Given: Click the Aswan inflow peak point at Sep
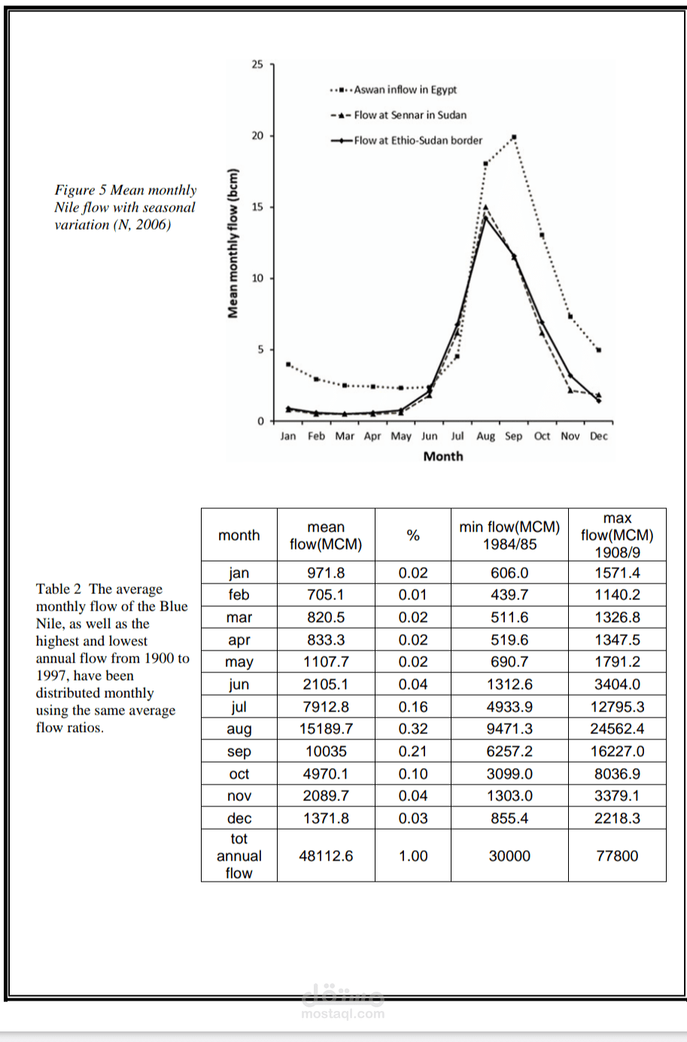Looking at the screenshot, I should pos(514,137).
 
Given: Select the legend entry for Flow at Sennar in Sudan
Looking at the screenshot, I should pos(409,115).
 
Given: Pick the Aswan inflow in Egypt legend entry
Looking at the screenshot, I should pos(404,90).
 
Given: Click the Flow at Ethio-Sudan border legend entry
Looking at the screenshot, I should pos(418,140).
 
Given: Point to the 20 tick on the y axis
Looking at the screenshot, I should pos(257,136).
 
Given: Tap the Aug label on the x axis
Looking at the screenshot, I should pos(485,436).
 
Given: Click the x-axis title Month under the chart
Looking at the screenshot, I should pos(443,456).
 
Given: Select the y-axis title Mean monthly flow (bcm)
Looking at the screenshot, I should pos(233,242).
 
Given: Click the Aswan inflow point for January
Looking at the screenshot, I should pos(288,364).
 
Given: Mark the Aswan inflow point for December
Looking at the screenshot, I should pos(599,350).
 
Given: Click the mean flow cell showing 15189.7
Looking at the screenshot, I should pos(326,729).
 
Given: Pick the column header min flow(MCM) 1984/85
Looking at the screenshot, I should pos(509,535).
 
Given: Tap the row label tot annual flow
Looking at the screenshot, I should pos(239,856).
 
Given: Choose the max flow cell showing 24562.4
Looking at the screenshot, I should pos(617,729).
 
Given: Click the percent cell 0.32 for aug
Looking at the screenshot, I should pos(412,729).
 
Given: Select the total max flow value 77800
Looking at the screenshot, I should pos(617,856).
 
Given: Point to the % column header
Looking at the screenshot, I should pos(412,535).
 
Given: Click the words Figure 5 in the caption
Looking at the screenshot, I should pos(81,190).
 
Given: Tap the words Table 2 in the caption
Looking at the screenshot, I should pos(59,589).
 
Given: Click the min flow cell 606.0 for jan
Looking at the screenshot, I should pos(509,573).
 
